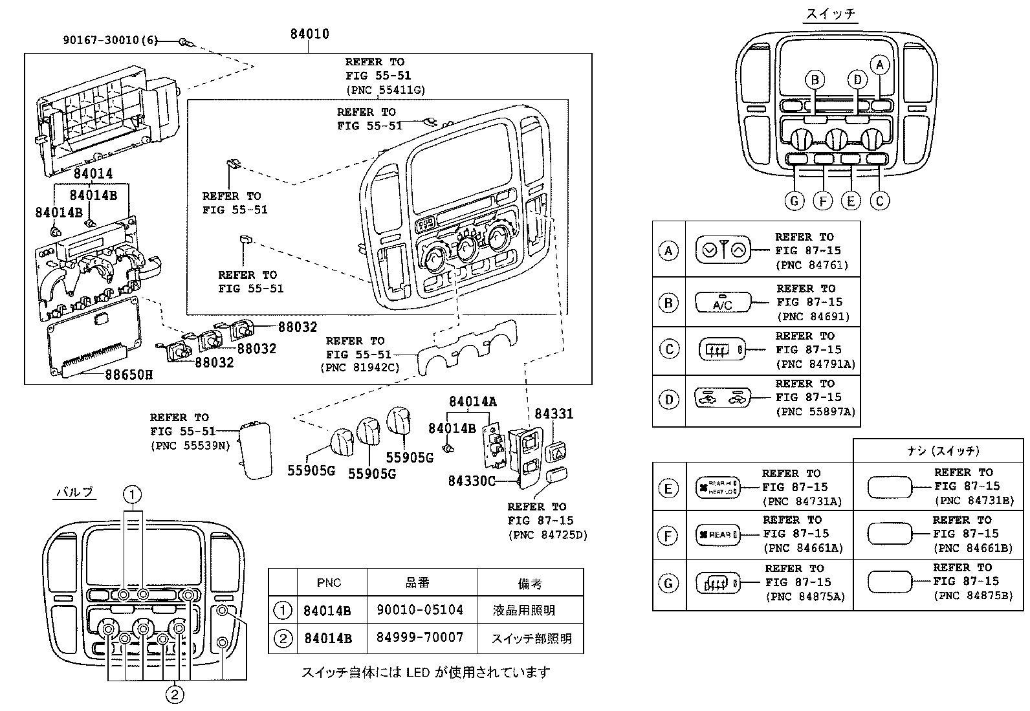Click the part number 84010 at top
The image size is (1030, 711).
point(309,34)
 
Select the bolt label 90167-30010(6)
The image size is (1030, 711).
point(110,39)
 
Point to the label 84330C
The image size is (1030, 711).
point(472,481)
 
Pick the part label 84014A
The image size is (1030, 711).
point(472,401)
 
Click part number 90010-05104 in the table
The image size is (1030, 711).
point(419,610)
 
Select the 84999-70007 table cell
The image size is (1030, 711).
point(419,638)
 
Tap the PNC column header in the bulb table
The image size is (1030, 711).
point(329,583)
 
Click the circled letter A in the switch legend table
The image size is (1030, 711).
point(668,250)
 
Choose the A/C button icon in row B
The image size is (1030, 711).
point(723,302)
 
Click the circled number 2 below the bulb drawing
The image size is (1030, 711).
point(175,695)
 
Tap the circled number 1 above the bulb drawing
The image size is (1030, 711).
point(132,495)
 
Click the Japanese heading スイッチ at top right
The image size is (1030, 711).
point(831,14)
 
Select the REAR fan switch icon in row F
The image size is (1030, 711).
point(716,534)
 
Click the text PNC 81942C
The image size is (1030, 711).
point(360,367)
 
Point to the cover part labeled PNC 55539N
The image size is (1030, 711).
point(254,449)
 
